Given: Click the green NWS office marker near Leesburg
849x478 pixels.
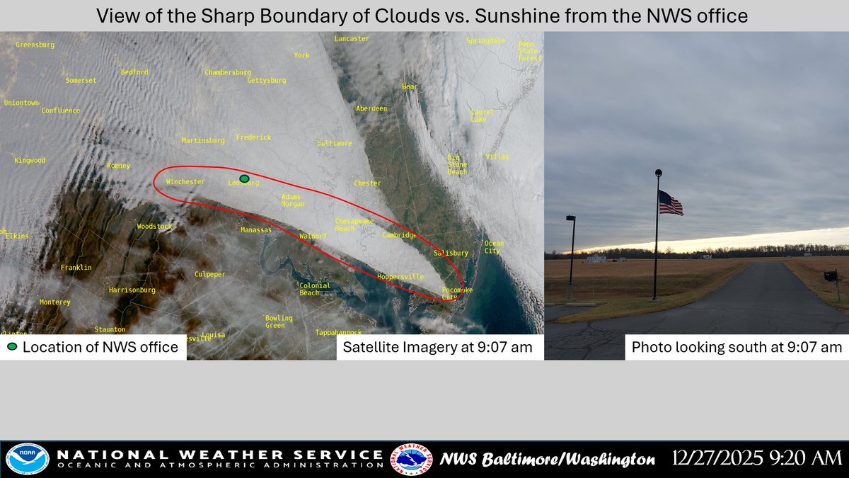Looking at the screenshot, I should click(x=244, y=178).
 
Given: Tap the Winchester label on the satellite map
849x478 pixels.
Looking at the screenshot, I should click(x=185, y=182).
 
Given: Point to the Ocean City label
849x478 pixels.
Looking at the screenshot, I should click(x=494, y=247).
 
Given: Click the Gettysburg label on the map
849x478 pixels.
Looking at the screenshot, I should click(x=267, y=81).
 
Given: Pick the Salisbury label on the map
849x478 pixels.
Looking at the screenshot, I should click(x=451, y=253).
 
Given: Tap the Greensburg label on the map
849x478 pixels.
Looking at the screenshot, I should click(x=35, y=45).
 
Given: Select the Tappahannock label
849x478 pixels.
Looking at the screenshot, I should click(x=338, y=332).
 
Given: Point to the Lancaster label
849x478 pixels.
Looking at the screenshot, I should click(x=352, y=39).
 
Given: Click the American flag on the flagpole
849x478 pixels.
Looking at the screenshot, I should click(x=670, y=203).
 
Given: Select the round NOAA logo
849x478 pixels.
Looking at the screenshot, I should click(x=27, y=459).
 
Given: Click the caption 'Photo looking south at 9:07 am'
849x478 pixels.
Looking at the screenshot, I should click(x=737, y=347).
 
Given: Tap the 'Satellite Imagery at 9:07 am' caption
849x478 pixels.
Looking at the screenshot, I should click(x=439, y=347).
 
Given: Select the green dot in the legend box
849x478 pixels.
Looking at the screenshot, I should click(x=12, y=347).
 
